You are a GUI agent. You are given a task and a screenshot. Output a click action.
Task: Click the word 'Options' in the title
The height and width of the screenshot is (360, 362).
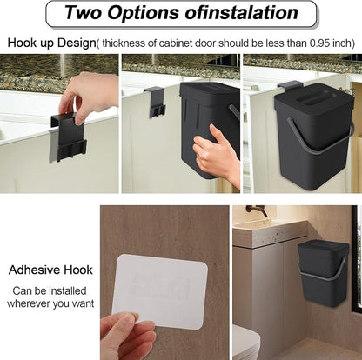(144, 12)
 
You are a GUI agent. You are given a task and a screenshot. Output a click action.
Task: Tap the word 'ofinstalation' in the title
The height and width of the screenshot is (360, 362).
(241, 12)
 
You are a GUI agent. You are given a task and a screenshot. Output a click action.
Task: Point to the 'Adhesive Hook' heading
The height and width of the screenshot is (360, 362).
(50, 270)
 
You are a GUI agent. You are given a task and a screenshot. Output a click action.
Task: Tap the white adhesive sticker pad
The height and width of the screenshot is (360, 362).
(160, 291)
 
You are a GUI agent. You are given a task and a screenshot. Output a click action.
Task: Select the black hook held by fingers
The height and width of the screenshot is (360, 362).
(69, 137)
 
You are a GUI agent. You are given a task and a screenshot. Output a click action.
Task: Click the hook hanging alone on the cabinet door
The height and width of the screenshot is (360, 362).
(155, 102)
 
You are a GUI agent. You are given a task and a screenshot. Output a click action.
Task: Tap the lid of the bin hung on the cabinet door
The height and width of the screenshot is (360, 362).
(315, 99)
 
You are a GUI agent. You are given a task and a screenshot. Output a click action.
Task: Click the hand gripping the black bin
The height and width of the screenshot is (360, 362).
(217, 154)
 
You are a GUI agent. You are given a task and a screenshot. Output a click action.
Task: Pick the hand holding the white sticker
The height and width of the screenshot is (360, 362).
(128, 336)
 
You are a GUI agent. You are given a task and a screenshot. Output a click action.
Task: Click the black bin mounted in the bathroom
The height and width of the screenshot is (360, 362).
(323, 274)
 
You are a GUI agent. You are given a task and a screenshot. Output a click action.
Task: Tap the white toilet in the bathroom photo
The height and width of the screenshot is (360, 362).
(246, 342)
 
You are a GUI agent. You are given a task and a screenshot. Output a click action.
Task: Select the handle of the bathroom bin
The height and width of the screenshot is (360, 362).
(322, 270)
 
